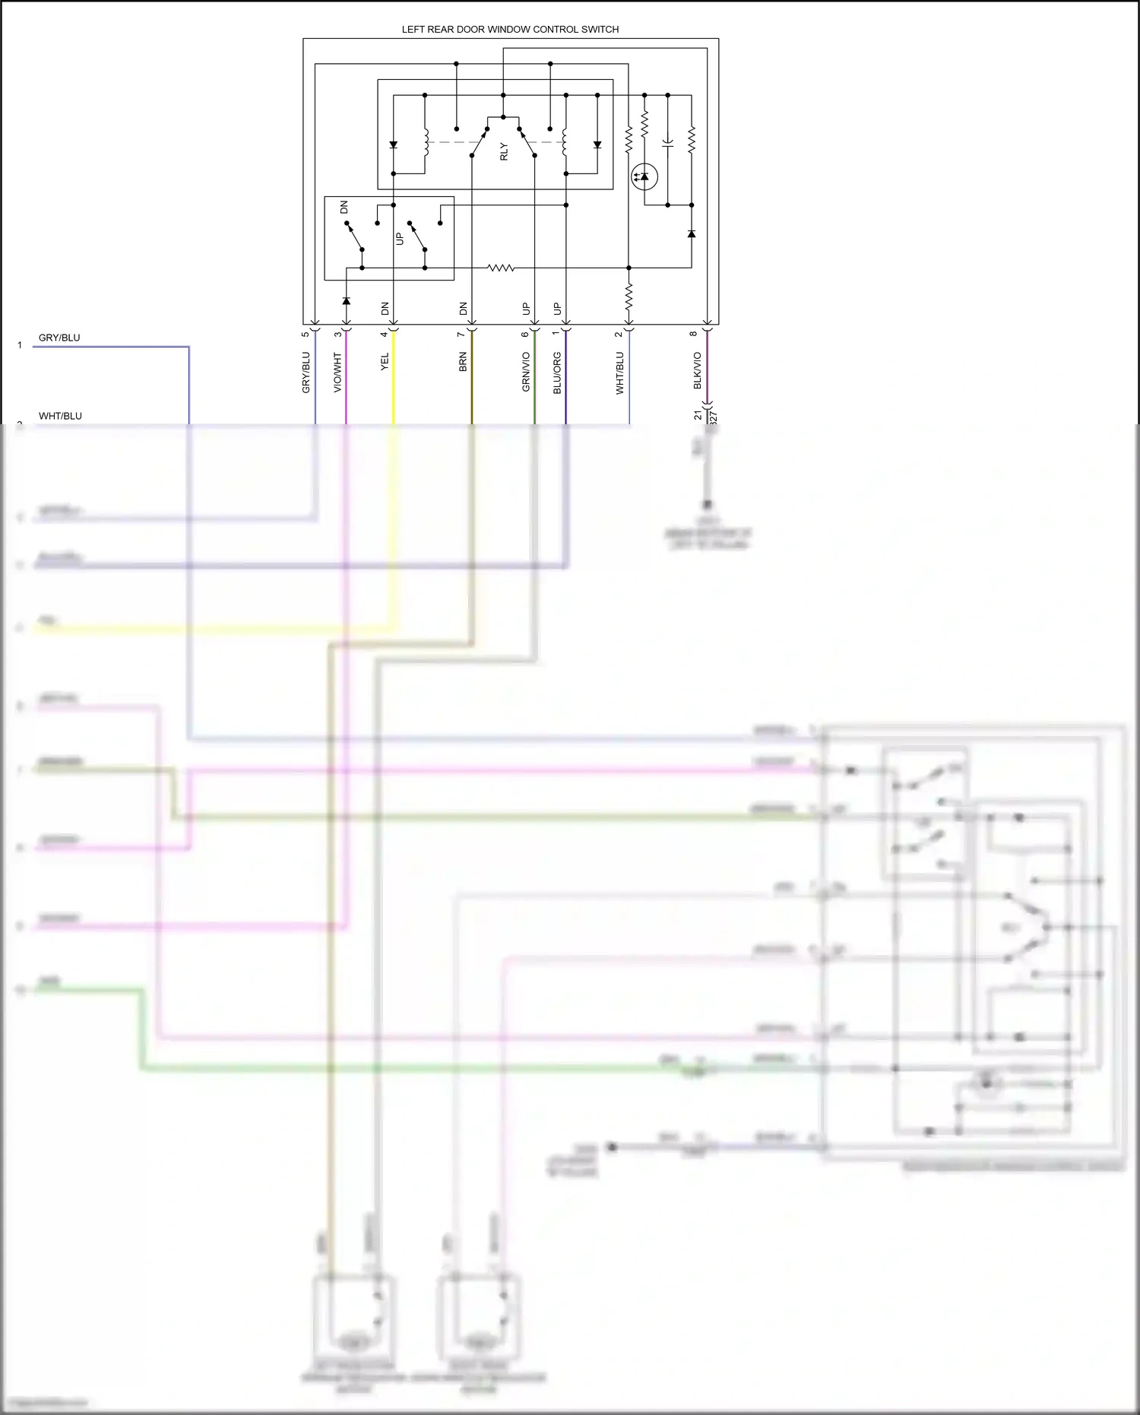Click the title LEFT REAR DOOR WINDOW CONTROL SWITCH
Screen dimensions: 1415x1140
(x=510, y=30)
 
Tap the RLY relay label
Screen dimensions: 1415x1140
(x=503, y=152)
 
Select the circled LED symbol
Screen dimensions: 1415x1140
(x=644, y=177)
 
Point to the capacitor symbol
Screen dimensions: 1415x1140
(x=667, y=142)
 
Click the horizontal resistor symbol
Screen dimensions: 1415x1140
(x=501, y=268)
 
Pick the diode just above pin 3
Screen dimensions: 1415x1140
(x=346, y=301)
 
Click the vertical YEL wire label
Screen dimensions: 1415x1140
(x=385, y=362)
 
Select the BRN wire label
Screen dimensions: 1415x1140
(x=463, y=362)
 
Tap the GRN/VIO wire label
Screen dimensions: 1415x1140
(x=526, y=372)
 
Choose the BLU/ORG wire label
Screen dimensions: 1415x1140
(x=557, y=373)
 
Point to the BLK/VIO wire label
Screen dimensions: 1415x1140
(x=698, y=370)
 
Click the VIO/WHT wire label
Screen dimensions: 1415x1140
(x=337, y=372)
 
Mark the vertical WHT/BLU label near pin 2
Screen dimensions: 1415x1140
(x=619, y=373)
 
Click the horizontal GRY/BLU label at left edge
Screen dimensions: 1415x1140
(x=59, y=338)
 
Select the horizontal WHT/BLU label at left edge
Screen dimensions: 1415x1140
(x=60, y=416)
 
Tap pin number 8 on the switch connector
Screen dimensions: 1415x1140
(x=693, y=334)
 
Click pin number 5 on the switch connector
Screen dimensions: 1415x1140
(x=306, y=334)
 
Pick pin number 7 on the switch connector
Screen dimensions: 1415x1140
(x=461, y=334)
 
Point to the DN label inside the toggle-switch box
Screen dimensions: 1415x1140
(x=344, y=207)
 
